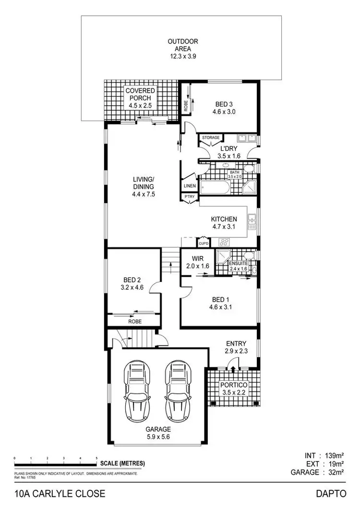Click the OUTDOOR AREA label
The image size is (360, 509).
point(182,42)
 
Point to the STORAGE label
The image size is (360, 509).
point(210,138)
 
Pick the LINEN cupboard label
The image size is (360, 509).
point(189,186)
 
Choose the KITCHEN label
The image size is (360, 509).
point(224,219)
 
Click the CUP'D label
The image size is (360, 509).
point(204,243)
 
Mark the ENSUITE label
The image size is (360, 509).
point(238,263)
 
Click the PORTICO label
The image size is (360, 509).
point(233,385)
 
